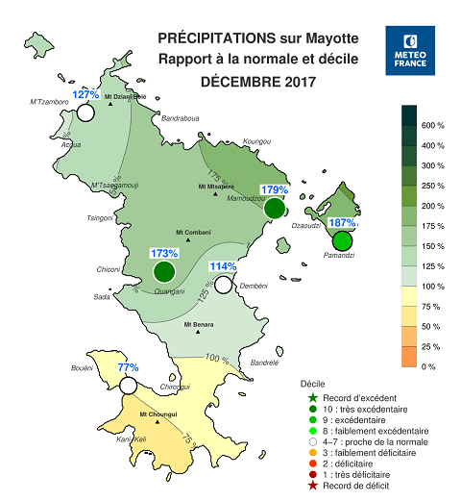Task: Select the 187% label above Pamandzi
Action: point(342,222)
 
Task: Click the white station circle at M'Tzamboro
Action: point(85,113)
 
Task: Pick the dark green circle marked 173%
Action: point(163,272)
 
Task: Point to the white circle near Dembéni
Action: point(224,284)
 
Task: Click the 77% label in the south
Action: point(128,367)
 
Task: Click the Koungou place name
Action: point(257,141)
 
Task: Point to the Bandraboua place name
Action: point(180,119)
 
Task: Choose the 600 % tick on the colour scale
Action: point(433,126)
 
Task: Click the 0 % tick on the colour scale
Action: point(428,366)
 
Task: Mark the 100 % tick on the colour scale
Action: point(433,287)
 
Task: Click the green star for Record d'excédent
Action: point(312,398)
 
